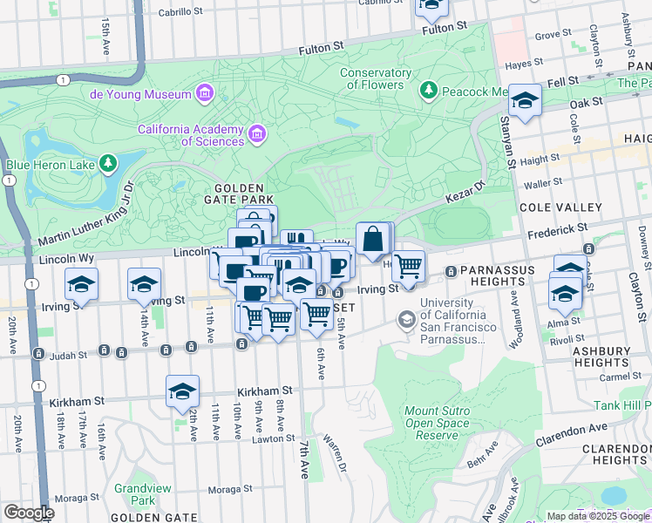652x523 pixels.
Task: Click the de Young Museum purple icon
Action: [x=205, y=93]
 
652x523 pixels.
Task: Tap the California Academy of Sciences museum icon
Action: [x=256, y=133]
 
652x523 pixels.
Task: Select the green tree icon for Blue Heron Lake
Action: [x=107, y=163]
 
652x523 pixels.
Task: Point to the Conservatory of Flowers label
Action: [x=376, y=78]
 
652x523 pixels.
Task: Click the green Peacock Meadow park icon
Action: [x=428, y=90]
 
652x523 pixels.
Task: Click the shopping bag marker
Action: [x=372, y=238]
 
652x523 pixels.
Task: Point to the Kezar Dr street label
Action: [x=466, y=200]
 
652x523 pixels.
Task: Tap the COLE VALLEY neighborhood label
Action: [x=560, y=207]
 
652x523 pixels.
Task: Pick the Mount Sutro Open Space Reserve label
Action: [x=437, y=423]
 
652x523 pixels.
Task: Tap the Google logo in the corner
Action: [x=28, y=513]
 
